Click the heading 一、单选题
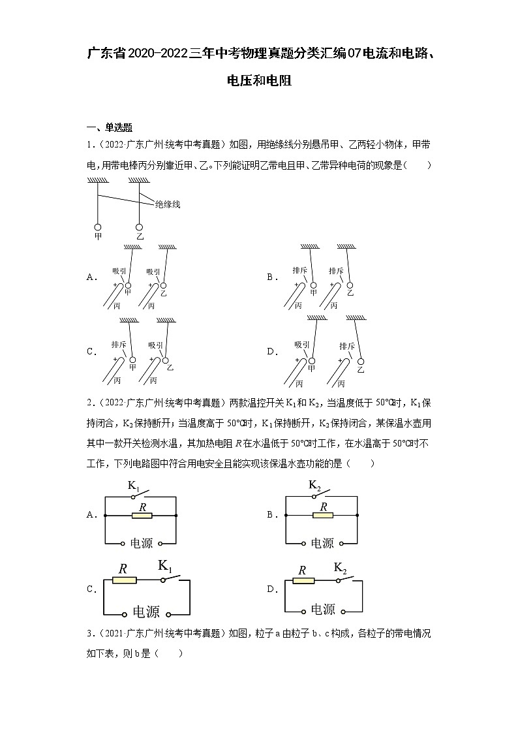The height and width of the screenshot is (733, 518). coord(110,127)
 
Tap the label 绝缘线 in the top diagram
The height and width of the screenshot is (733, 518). coord(167,204)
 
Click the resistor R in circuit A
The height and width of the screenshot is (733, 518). coord(142,515)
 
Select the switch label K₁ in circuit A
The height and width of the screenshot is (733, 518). coord(134,486)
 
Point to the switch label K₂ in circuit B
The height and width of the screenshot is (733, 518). coord(314,486)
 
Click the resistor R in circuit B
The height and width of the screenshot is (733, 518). coord(322,515)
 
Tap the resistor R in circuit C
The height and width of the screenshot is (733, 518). coord(124,580)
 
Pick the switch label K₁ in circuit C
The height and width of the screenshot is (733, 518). coord(165,566)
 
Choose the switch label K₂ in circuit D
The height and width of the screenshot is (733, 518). coord(341,567)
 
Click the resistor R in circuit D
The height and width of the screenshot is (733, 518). coord(303,580)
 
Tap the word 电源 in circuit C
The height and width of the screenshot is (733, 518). coord(146,612)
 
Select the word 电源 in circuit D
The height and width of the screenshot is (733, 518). coord(322,610)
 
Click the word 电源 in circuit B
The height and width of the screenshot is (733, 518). coord(322,543)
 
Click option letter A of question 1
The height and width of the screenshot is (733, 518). coord(91,277)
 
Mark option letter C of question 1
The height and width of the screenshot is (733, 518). coord(91,351)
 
